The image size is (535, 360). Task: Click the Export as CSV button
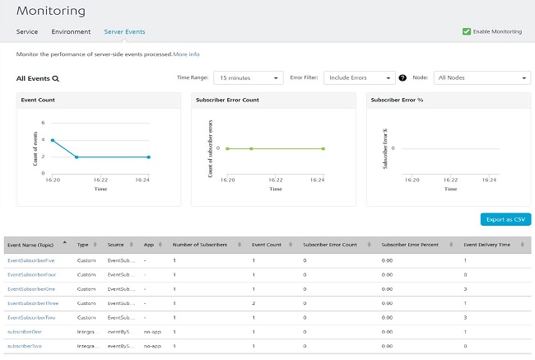click(x=505, y=219)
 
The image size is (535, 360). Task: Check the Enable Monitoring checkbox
click(x=467, y=31)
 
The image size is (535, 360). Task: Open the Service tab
click(x=27, y=31)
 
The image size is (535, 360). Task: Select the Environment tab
click(x=71, y=31)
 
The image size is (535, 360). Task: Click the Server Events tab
click(x=124, y=31)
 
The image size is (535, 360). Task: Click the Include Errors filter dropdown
click(x=359, y=77)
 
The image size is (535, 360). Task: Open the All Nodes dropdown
click(x=481, y=77)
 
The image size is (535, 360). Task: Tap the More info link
click(x=186, y=54)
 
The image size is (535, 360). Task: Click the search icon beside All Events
click(x=56, y=79)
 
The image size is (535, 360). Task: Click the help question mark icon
click(x=402, y=78)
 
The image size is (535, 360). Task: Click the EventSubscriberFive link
click(x=31, y=260)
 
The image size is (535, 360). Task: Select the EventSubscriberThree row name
click(x=32, y=303)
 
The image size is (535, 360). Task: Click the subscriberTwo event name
click(x=25, y=346)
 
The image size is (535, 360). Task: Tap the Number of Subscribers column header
click(x=205, y=245)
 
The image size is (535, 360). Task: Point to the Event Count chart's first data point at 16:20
click(x=53, y=140)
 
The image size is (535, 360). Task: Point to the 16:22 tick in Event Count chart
click(x=100, y=178)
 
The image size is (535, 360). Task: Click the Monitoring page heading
click(x=50, y=11)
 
